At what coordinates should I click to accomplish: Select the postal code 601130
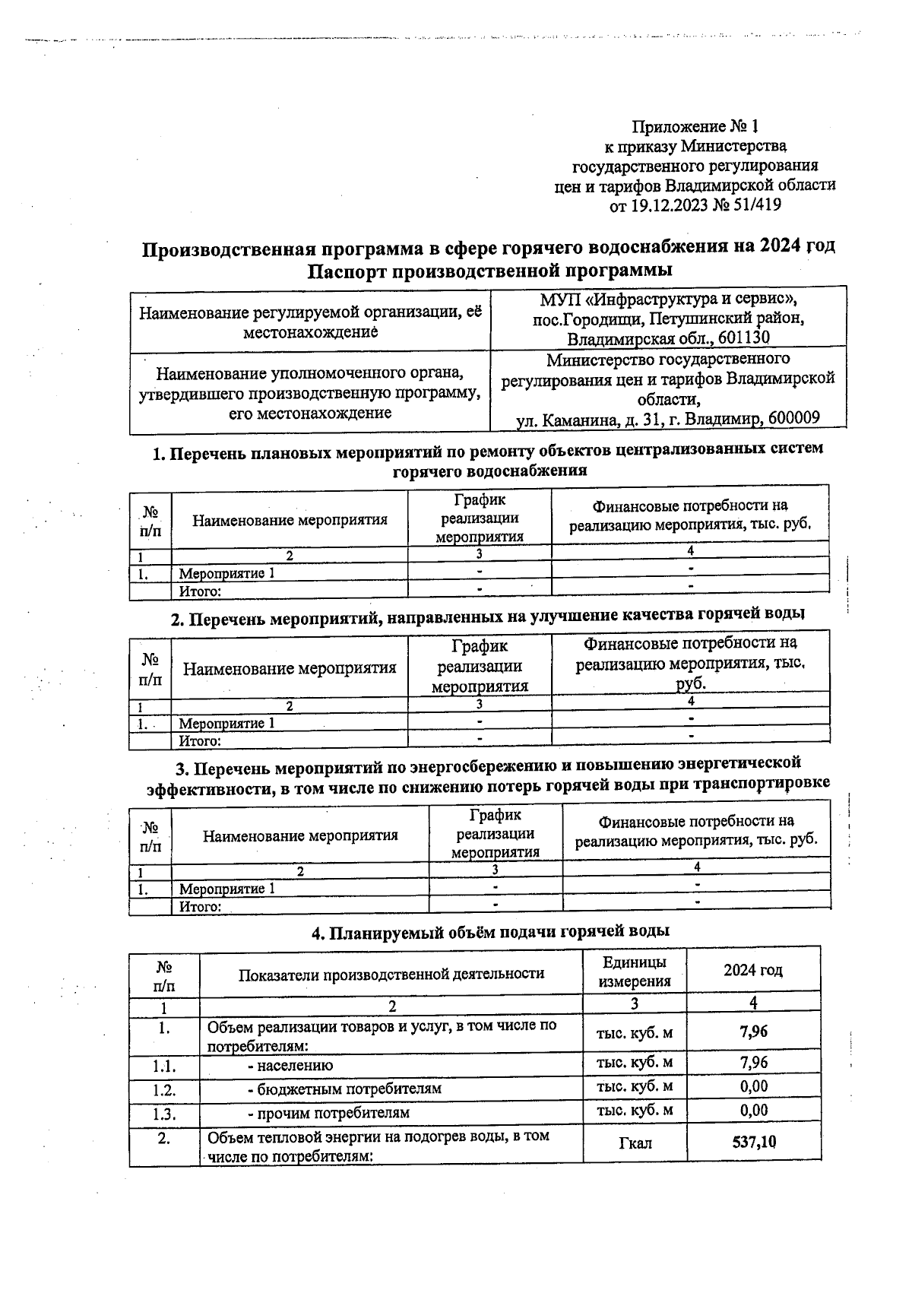tap(737, 338)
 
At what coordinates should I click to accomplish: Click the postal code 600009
tap(793, 419)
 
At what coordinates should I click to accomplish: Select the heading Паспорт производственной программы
tap(489, 270)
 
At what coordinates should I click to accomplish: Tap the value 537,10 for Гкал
tap(754, 1142)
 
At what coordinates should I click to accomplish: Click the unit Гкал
tap(635, 1143)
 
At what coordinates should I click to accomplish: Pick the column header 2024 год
tap(752, 970)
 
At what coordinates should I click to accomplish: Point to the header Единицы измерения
tap(635, 971)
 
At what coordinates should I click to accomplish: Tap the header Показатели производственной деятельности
tap(391, 974)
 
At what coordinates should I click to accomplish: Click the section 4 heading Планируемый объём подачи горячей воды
tap(490, 932)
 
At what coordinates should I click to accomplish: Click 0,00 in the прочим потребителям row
tap(754, 1111)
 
